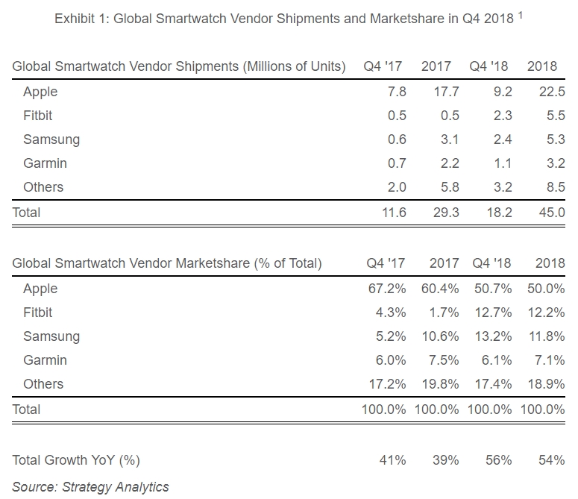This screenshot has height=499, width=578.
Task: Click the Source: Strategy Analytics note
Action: (x=90, y=487)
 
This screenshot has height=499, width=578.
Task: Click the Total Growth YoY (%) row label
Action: (x=76, y=460)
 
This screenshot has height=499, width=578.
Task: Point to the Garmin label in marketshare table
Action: (x=45, y=360)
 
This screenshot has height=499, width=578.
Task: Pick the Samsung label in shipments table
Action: (x=51, y=139)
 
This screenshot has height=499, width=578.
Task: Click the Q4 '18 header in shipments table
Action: (x=489, y=66)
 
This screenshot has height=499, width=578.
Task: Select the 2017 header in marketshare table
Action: (x=445, y=263)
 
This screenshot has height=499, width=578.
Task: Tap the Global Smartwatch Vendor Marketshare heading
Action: (x=167, y=263)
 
